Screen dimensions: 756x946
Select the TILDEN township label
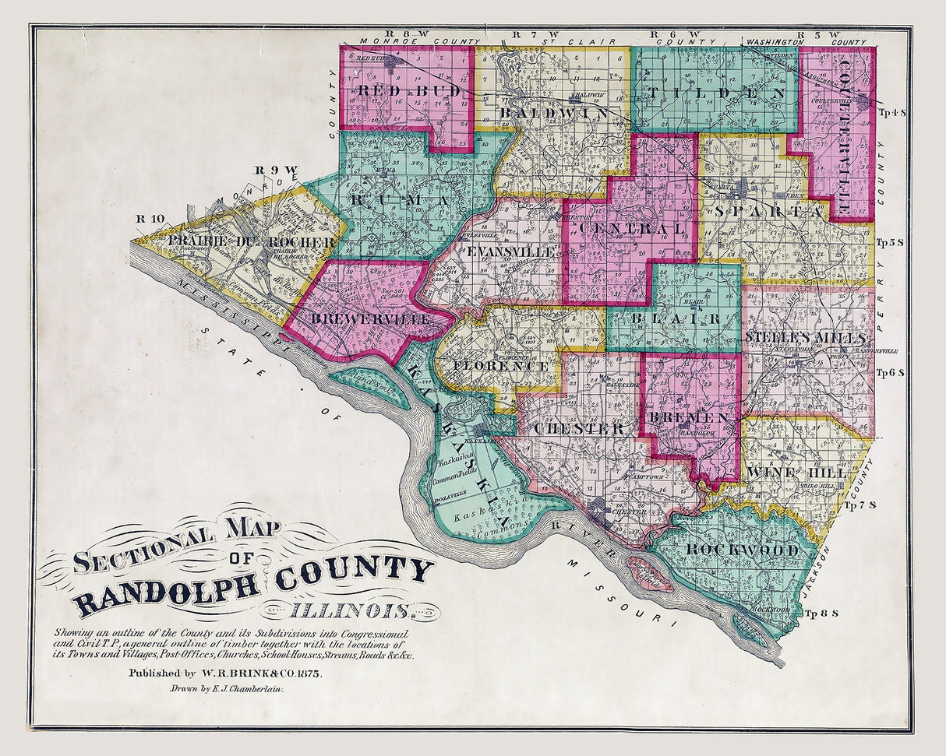pos(711,94)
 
